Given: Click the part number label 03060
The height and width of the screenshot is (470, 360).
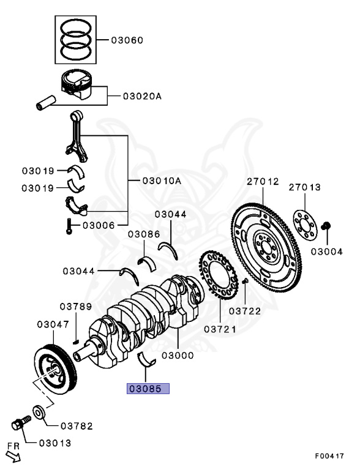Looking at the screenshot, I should pos(127,40).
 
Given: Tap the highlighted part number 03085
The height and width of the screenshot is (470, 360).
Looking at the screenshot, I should pos(147,388).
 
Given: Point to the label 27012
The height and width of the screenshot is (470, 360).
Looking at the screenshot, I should pos(263,182).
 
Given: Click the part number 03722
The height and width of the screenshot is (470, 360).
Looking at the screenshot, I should pos(245,311).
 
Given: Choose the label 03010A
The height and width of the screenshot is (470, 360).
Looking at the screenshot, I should pos(162,181).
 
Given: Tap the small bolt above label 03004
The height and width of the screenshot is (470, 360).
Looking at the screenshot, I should pos(326,227).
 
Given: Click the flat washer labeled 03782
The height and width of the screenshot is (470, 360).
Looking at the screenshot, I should pos(37,413).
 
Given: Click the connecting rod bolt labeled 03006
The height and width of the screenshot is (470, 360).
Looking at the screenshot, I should pos(69,227).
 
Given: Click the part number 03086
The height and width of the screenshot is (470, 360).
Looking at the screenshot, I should pos(144,234).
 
